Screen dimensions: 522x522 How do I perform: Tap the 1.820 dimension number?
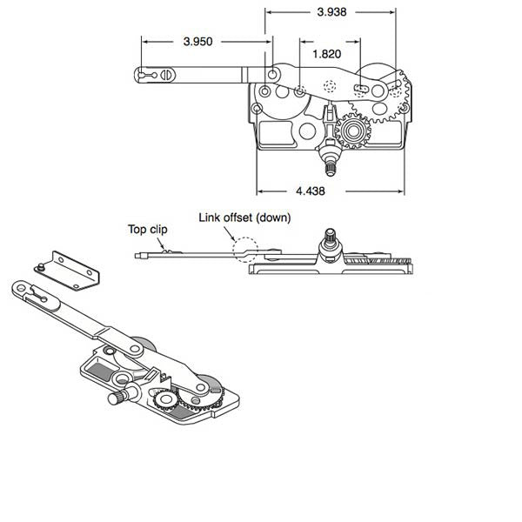[x=327, y=53]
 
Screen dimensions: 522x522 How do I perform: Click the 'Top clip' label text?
[x=147, y=229]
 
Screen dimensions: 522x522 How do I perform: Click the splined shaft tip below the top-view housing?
[x=331, y=162]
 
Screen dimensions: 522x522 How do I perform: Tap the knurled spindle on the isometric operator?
[x=116, y=398]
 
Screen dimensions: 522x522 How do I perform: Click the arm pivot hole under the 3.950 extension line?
[x=273, y=77]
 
